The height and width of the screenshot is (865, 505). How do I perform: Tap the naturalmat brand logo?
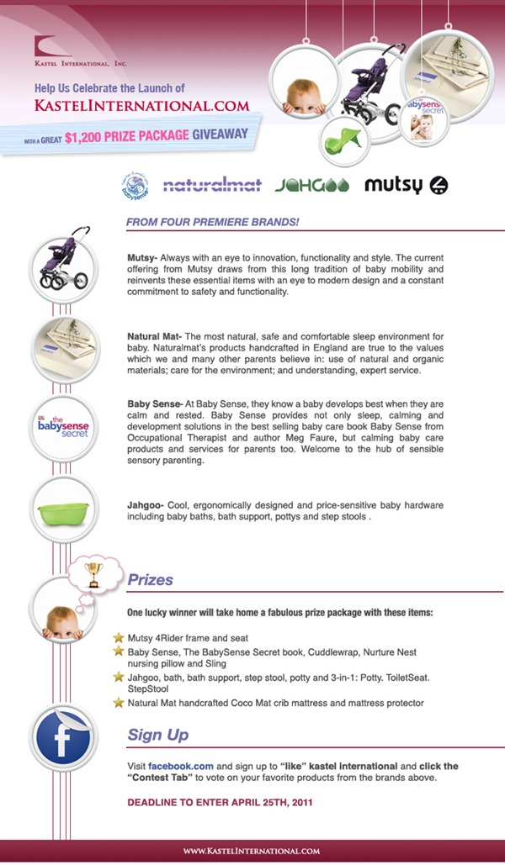coord(211,185)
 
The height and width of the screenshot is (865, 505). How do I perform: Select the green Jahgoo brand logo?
coord(311,185)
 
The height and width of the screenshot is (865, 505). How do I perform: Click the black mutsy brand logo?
coord(406,185)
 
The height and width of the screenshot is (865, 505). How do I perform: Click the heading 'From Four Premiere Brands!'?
coord(212,222)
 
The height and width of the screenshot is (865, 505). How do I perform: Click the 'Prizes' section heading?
coord(150,580)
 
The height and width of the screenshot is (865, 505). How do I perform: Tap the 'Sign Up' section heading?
coord(157,735)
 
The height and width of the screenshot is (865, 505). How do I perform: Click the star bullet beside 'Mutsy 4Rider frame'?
coord(119,637)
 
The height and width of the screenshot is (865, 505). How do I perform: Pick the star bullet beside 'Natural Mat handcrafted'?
coord(119,701)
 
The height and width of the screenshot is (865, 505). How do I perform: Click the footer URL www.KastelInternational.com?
coord(252,851)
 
